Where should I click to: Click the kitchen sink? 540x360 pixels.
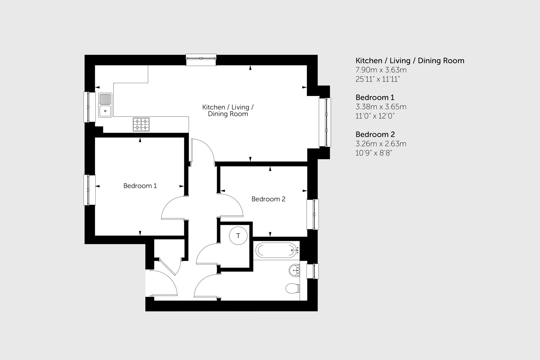tap(105, 105)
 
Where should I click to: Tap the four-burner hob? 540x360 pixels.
tap(141, 124)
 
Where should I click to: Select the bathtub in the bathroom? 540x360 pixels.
tap(276, 250)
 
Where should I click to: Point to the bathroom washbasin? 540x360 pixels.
tap(294, 270)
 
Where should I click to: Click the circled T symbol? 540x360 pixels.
tap(238, 236)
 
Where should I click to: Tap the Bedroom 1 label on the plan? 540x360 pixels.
tap(140, 186)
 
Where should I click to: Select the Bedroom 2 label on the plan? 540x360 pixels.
tap(268, 199)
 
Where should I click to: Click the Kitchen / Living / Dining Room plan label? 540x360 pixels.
tap(228, 110)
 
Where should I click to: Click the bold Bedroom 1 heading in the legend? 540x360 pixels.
tap(375, 98)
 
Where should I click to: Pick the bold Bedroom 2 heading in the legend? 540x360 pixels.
tap(375, 135)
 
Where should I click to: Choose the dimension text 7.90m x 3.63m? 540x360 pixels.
tap(381, 70)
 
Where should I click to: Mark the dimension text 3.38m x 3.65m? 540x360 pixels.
tap(381, 107)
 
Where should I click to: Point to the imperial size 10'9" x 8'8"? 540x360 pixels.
tap(374, 153)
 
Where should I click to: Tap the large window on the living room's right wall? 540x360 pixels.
tap(325, 122)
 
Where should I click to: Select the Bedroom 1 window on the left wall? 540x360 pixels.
tap(90, 190)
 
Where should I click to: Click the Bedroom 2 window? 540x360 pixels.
tap(313, 214)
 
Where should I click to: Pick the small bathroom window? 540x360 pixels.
tap(313, 271)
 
